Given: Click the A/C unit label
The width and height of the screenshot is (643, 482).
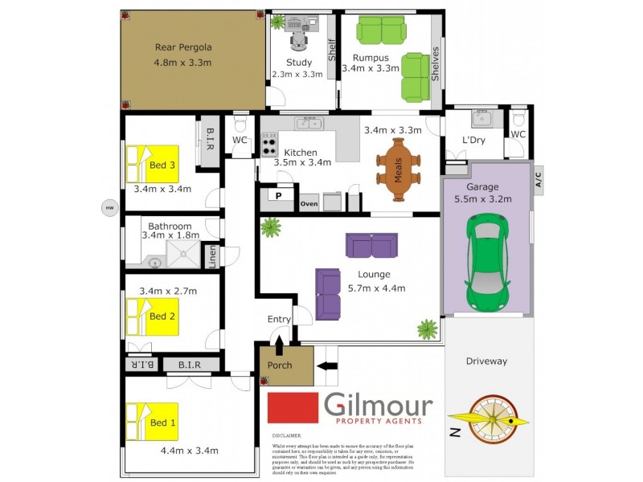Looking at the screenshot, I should point(539,177).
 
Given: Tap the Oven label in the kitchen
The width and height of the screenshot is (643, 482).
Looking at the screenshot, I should point(309,203).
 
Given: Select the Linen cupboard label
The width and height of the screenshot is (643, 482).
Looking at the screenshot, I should point(212,255).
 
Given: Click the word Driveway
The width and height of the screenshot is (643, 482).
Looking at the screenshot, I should point(487,361).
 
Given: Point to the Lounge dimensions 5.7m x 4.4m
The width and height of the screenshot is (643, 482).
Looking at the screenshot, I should point(376,288).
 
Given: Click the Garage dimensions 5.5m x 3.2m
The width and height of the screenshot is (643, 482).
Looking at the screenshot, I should point(482,201).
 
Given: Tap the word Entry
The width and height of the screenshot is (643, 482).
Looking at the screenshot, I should point(279,320).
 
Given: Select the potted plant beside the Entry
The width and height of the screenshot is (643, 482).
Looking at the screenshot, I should point(427,329).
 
